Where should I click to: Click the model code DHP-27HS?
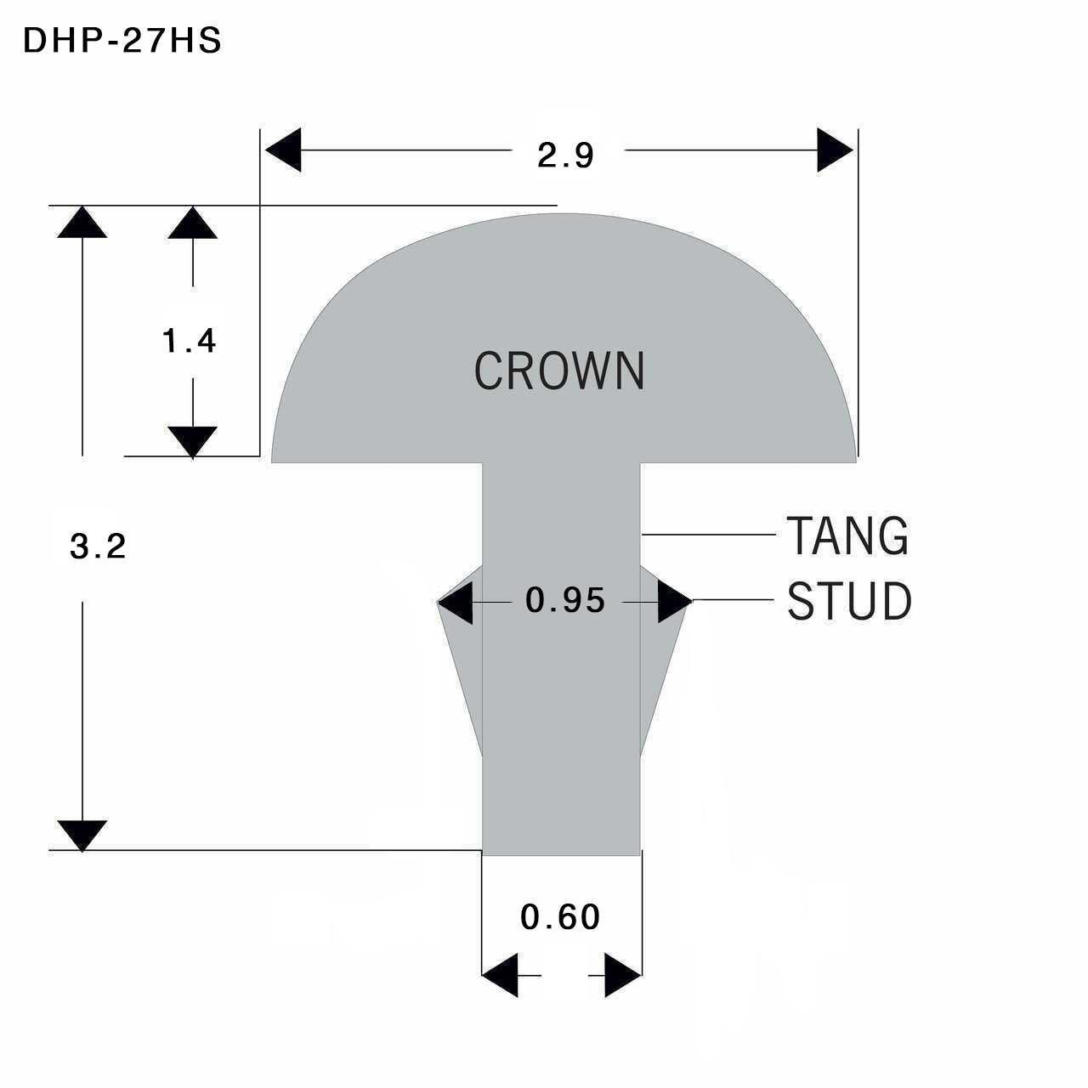[x=122, y=41]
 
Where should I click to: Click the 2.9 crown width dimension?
[x=565, y=156]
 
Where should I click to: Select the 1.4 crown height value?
[x=189, y=341]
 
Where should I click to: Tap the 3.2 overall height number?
[x=98, y=547]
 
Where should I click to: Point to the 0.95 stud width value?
[x=565, y=600]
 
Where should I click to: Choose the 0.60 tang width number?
[x=560, y=917]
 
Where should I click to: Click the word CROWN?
[x=559, y=371]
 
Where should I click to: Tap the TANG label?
[x=847, y=535]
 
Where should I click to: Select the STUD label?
[x=848, y=600]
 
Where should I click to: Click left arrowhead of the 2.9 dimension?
[x=283, y=150]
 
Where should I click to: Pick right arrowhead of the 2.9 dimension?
[x=835, y=150]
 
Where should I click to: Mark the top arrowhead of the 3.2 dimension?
[x=82, y=222]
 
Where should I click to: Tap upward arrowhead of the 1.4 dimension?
[x=193, y=223]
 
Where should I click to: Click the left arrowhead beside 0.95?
[x=455, y=603]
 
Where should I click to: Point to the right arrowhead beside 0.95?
[x=675, y=602]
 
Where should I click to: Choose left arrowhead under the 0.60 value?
[x=500, y=975]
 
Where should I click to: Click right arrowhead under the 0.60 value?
[x=623, y=975]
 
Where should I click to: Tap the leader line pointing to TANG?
[x=709, y=534]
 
